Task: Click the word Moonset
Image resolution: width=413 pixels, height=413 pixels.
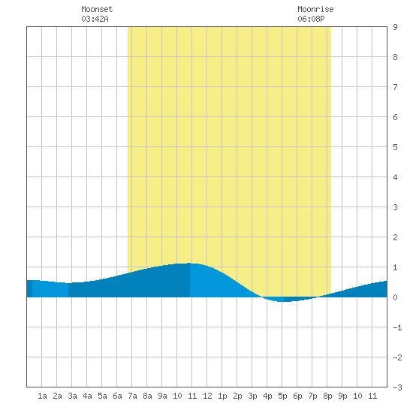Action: [97, 9]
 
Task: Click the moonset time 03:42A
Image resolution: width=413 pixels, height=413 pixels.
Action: [95, 19]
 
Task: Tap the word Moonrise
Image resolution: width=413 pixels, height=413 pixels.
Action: [315, 9]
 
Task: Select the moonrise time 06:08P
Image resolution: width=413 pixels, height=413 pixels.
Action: [311, 19]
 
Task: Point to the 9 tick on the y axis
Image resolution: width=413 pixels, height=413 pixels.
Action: [395, 27]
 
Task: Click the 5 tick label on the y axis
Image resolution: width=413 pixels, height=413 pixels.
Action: [395, 147]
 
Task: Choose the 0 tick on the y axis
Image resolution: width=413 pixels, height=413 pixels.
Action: [395, 297]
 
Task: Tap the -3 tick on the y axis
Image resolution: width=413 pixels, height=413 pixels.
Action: [397, 387]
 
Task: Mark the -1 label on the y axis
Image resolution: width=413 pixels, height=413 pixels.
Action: [397, 327]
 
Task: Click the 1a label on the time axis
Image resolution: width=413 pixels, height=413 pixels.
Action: [42, 396]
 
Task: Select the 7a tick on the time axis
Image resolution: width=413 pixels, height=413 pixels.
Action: [132, 396]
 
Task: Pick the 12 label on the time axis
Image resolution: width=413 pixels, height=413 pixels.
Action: [207, 396]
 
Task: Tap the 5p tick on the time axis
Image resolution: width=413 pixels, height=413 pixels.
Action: [282, 396]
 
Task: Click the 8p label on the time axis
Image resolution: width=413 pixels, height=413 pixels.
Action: [327, 396]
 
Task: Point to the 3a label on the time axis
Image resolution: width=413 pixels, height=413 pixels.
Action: [72, 396]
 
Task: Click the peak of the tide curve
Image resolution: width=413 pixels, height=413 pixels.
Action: [189, 263]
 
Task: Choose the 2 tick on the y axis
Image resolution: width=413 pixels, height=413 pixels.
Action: [395, 237]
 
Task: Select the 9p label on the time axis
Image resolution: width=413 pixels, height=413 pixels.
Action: [342, 396]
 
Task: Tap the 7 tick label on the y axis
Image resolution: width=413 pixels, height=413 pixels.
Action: [395, 87]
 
